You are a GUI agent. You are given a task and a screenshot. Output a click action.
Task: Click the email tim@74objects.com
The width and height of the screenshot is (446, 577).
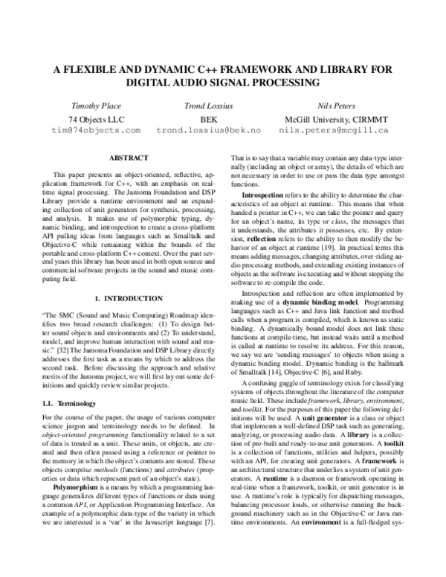click(x=95, y=130)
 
